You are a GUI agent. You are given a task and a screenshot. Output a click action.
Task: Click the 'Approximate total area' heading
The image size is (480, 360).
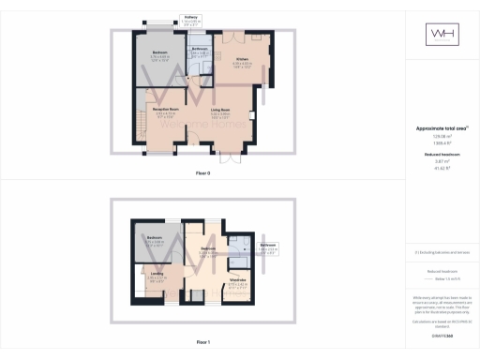442,128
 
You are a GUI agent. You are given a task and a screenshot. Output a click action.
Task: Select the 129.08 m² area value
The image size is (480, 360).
442,136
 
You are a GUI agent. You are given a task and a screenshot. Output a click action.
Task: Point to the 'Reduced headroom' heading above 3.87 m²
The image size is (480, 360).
442,153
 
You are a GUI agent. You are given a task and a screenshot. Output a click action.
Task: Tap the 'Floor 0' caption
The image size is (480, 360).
203,173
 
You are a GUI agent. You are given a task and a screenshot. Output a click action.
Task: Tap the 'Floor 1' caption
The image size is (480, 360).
203,342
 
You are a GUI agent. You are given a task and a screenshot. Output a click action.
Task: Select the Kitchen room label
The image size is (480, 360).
242,59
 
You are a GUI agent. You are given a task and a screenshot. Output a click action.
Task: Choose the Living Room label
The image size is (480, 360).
220,111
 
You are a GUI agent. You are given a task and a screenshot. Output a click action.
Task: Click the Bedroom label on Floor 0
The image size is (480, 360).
160,52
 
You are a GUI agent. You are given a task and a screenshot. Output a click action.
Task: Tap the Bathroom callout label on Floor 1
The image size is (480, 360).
268,246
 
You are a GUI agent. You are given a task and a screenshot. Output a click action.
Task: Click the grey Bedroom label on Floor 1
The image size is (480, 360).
156,238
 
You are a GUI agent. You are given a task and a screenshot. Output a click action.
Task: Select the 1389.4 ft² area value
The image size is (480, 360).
442,142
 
